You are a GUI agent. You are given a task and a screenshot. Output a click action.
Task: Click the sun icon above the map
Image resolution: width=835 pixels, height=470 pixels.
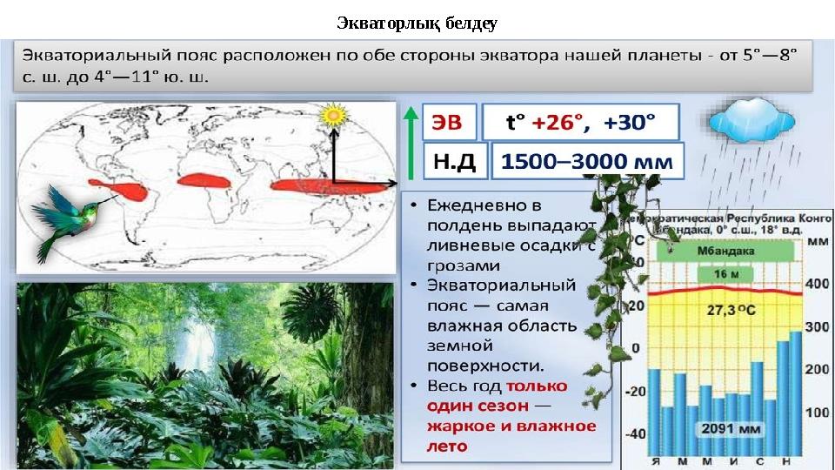[x=332, y=116]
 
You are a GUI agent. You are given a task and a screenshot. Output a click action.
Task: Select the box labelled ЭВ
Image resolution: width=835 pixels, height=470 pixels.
[x=449, y=124]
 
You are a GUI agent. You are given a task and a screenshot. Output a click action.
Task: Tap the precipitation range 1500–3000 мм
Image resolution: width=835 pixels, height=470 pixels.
[x=588, y=162]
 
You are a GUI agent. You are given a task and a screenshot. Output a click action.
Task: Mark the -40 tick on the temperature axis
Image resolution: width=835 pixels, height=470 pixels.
[x=637, y=433]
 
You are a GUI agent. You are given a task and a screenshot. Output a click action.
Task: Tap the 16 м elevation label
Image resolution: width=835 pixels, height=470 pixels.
[x=721, y=274]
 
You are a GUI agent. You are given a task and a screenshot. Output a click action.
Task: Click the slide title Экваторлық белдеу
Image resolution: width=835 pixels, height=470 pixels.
[x=417, y=21]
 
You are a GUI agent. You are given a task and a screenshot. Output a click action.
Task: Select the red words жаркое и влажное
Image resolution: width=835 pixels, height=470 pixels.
[x=511, y=426]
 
